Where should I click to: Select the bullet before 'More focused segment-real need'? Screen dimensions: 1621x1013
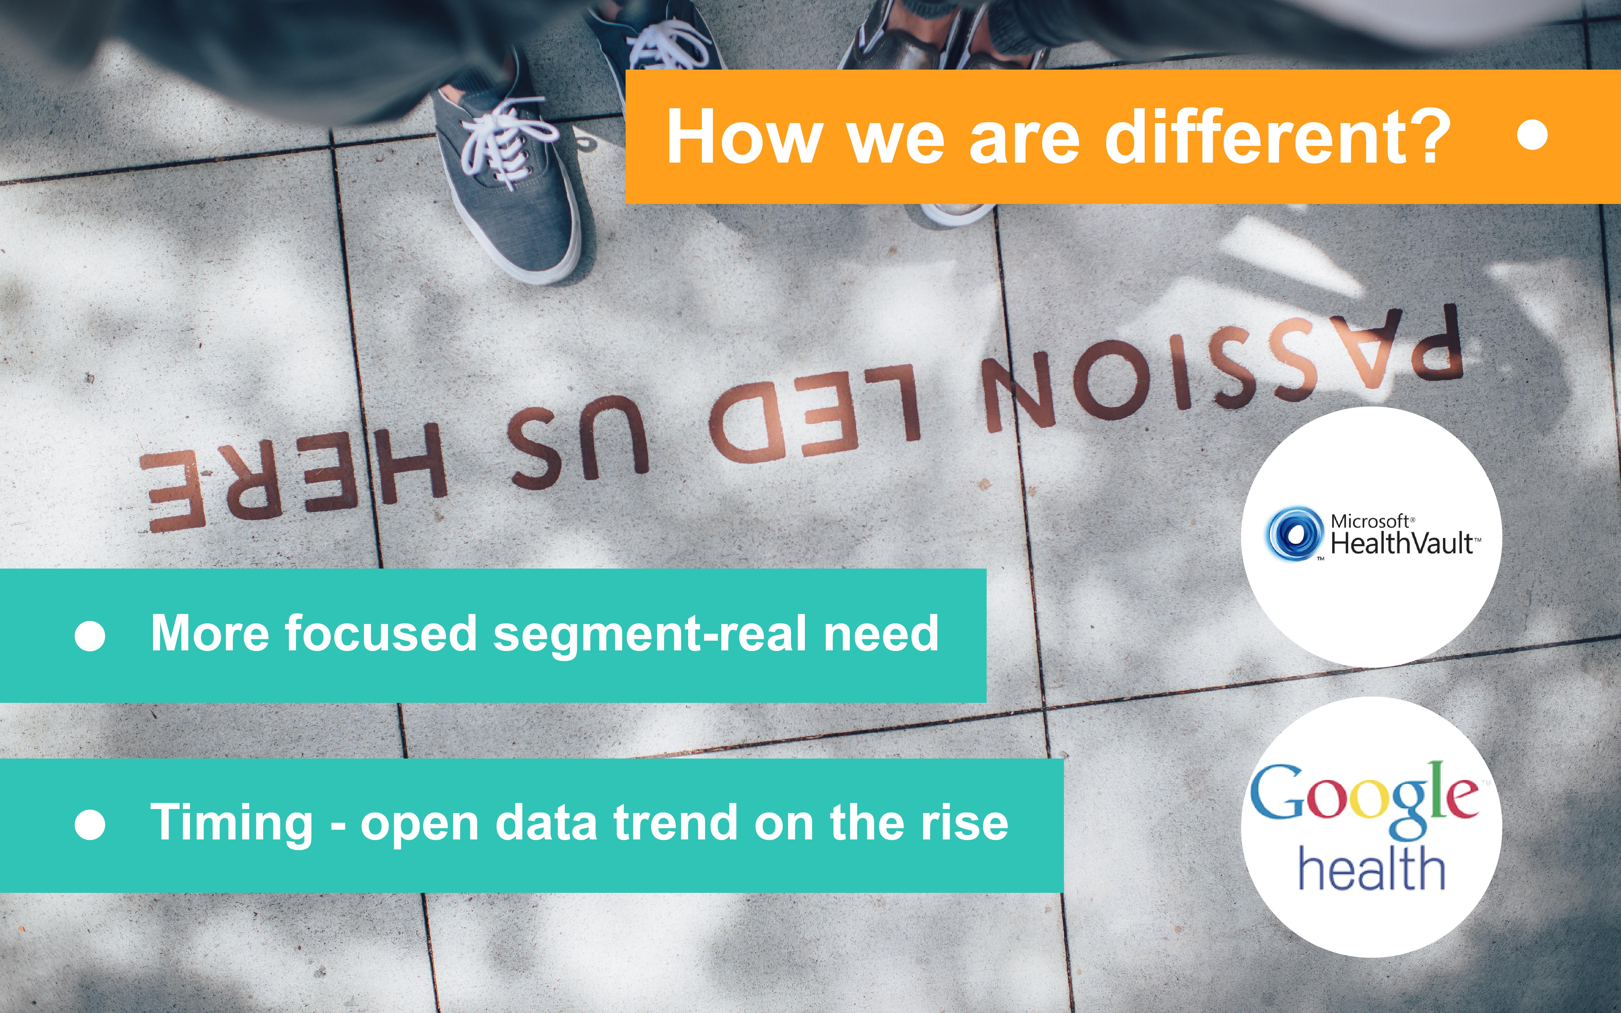pyautogui.click(x=90, y=635)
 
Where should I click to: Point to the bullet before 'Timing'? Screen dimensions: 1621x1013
pyautogui.click(x=90, y=824)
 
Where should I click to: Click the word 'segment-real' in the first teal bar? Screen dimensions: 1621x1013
pyautogui.click(x=650, y=635)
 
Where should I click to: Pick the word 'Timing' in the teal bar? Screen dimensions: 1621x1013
pyautogui.click(x=232, y=824)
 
